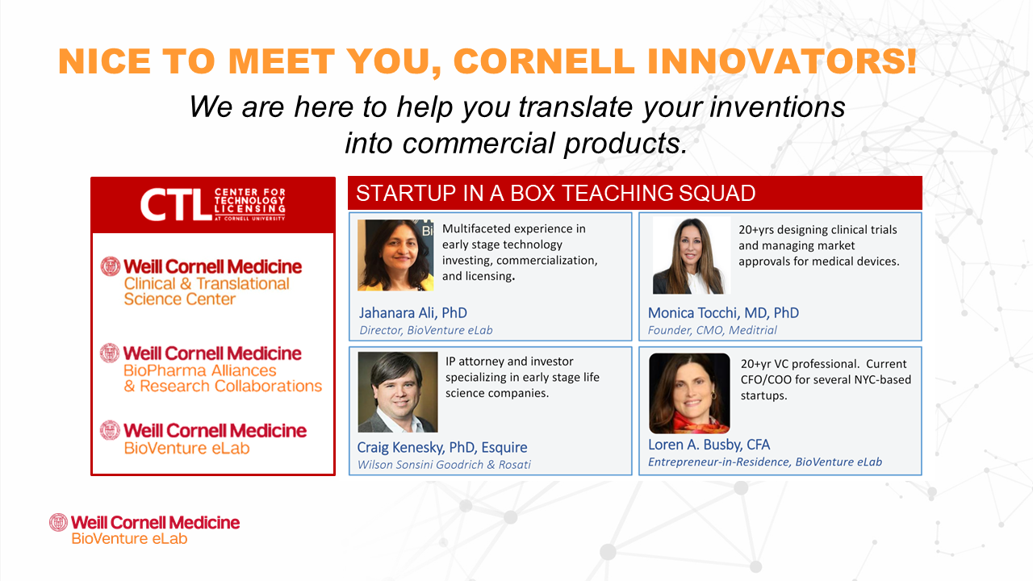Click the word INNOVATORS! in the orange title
(782, 61)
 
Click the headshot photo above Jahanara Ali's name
(395, 255)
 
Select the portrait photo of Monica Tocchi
(690, 256)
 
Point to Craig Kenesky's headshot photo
(398, 392)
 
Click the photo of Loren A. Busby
(689, 393)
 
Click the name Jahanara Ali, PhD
(412, 313)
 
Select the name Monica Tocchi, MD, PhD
(723, 313)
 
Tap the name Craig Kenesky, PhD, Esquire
(441, 447)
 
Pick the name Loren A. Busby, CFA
(709, 445)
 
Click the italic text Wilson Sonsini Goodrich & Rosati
(444, 465)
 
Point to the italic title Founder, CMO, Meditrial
(712, 330)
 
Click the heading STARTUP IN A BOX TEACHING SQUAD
(555, 193)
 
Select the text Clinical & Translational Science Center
(207, 291)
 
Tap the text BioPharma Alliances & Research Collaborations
(223, 378)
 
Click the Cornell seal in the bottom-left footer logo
(59, 522)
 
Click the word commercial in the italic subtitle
(479, 143)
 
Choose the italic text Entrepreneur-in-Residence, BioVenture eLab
(764, 462)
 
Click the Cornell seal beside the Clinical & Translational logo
(111, 266)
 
